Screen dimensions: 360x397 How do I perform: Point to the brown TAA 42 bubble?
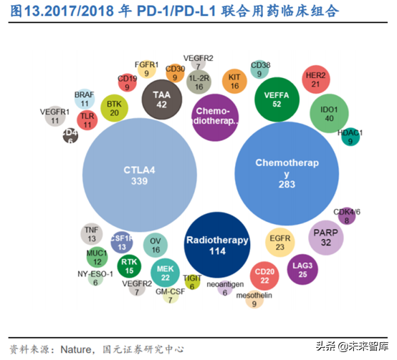162,99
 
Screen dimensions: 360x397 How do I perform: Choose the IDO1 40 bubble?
329,113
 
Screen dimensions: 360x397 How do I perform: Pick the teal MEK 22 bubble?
166,272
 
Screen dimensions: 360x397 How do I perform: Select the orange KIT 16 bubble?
234,81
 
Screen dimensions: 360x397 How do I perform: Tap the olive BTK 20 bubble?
113,107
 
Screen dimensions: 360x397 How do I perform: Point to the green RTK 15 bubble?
130,266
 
